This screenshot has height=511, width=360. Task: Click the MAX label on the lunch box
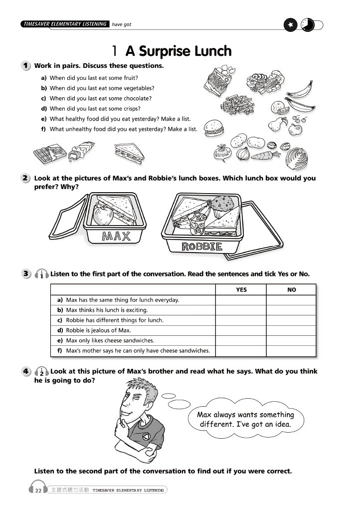click(116, 236)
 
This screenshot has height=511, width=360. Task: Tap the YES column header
click(241, 289)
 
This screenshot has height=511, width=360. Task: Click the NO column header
click(291, 289)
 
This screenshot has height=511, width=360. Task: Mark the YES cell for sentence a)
click(241, 300)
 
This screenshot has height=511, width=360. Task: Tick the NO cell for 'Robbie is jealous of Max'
click(291, 330)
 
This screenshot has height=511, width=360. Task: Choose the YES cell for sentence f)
click(241, 351)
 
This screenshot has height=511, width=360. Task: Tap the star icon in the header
click(290, 24)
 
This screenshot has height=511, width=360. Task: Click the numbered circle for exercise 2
click(25, 178)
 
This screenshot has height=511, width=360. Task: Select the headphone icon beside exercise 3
click(42, 274)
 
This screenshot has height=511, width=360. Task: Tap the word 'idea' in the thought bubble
click(279, 425)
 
